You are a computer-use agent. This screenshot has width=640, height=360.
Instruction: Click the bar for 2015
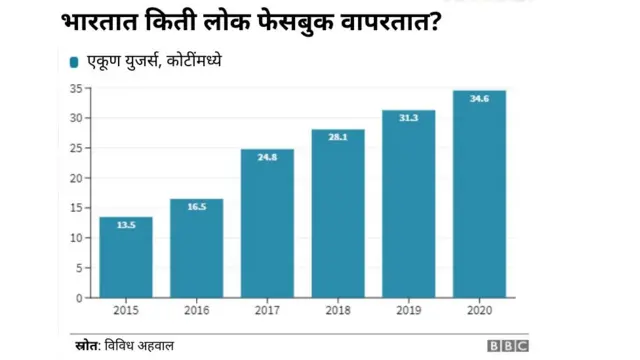tap(126, 258)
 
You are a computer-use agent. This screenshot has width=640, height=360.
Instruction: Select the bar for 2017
tap(267, 224)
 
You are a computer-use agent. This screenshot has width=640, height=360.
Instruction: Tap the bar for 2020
tap(479, 194)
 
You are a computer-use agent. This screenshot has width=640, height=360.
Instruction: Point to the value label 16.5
tap(196, 207)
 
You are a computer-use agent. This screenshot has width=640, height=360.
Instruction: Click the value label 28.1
tap(338, 138)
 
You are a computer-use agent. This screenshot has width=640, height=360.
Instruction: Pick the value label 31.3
tap(408, 119)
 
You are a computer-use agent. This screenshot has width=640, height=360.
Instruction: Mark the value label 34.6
tap(479, 99)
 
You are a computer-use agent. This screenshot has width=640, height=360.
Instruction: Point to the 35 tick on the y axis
tap(75, 89)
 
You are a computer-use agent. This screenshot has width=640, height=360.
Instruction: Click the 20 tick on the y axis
tap(75, 178)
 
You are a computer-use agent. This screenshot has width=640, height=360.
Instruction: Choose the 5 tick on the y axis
tap(78, 268)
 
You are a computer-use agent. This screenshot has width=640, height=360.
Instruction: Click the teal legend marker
tap(74, 63)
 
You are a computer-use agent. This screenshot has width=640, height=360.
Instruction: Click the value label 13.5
tap(126, 226)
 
